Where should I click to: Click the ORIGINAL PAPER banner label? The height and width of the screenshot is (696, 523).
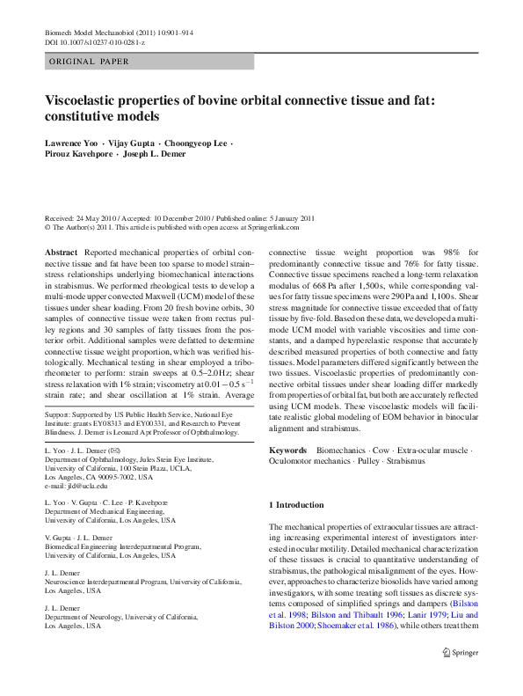(x=89, y=62)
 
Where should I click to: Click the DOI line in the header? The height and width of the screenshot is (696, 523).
(x=95, y=41)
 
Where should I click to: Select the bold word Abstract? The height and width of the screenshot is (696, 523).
(x=60, y=252)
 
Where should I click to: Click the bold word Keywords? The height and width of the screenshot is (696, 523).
(x=287, y=450)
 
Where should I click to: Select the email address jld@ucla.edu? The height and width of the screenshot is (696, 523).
(x=87, y=485)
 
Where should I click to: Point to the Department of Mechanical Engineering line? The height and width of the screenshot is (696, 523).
(x=105, y=511)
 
